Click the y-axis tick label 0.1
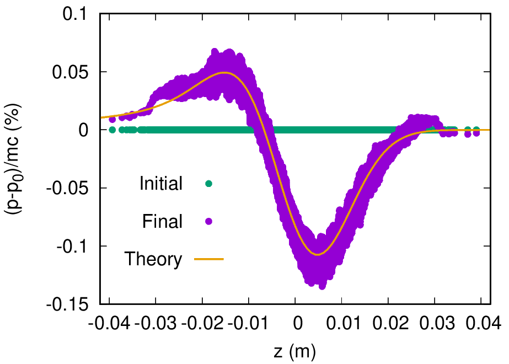78,14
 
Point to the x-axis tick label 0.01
341,322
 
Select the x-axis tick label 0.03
435,322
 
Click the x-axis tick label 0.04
481,322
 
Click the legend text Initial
161,184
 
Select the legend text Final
162,221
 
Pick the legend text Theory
153,259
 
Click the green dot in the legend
209,184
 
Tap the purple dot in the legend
209,221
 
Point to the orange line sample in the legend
209,258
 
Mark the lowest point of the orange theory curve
318,254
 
